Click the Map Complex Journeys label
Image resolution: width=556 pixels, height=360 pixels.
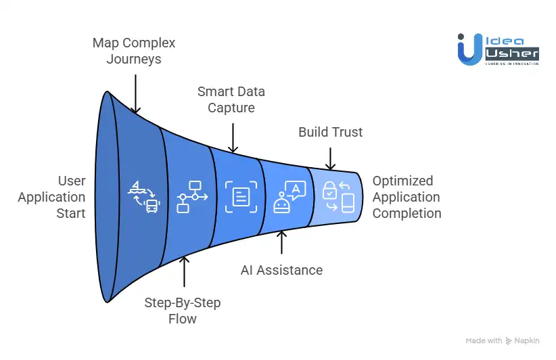[134, 51]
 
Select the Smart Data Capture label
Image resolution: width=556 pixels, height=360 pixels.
[231, 99]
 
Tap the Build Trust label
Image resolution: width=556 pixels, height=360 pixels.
[330, 132]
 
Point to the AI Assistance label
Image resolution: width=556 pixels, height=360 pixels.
[281, 270]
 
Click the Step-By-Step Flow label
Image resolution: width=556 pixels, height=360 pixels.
[183, 309]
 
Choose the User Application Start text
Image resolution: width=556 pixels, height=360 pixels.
[52, 197]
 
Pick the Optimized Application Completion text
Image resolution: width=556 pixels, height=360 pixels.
[407, 197]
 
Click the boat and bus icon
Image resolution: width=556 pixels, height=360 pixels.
[143, 197]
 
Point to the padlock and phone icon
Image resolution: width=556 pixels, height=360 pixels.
[338, 197]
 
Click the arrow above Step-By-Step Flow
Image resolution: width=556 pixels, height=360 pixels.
[183, 273]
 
